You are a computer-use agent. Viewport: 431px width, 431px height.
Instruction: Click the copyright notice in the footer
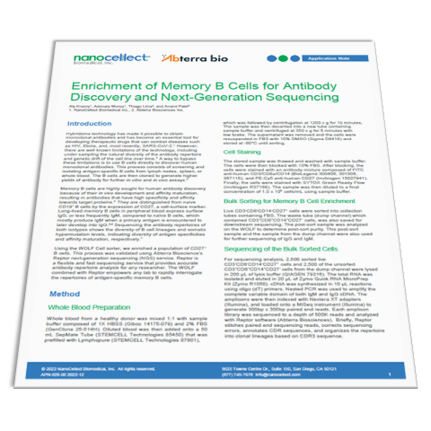pyautogui.click(x=111, y=393)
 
